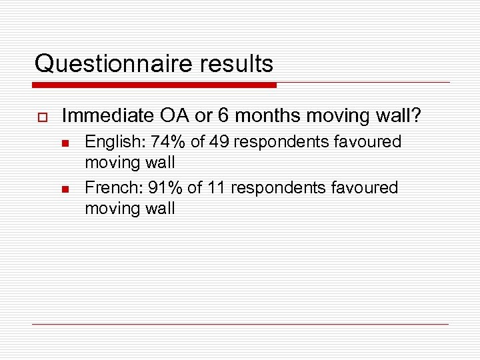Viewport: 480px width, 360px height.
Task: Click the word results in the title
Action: tap(237, 64)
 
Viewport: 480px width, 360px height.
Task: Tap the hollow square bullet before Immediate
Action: tap(41, 117)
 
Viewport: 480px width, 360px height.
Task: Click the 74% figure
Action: tap(163, 142)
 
